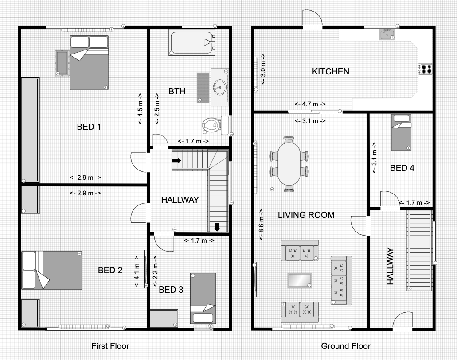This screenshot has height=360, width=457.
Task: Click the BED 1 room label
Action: click(x=89, y=127)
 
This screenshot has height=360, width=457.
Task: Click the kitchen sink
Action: click(x=387, y=35)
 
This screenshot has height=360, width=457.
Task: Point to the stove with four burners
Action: click(x=426, y=69)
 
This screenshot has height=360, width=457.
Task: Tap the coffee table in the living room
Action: click(x=300, y=280)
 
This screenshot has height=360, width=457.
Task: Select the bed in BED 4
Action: click(x=401, y=132)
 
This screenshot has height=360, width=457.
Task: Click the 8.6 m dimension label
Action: click(x=262, y=225)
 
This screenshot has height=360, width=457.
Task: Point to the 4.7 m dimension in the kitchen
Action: click(x=310, y=104)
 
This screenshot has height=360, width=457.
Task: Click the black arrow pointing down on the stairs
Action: click(x=217, y=227)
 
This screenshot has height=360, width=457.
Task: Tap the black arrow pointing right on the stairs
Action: click(x=176, y=160)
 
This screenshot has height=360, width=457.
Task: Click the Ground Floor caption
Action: click(x=346, y=346)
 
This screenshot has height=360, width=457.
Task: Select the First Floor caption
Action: click(x=110, y=346)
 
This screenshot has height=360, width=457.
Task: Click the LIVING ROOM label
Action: click(x=306, y=215)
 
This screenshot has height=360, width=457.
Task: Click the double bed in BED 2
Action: click(x=52, y=270)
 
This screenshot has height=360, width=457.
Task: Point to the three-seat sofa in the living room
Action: click(x=341, y=280)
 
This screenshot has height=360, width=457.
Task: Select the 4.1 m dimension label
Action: click(x=137, y=272)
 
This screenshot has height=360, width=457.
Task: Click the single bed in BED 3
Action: click(x=203, y=298)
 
